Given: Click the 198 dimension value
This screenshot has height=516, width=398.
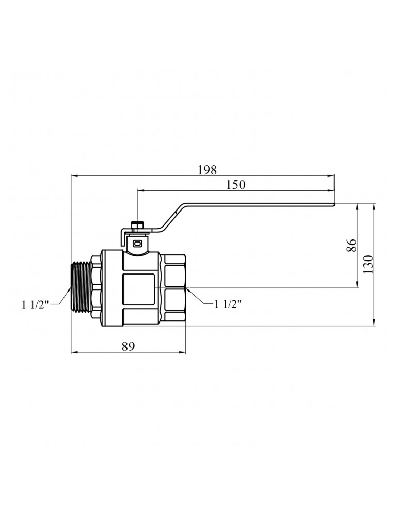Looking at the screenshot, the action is pyautogui.click(x=208, y=170).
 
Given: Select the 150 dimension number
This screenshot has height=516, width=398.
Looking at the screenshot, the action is pyautogui.click(x=236, y=185).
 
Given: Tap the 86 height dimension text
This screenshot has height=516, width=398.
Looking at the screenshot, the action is pyautogui.click(x=352, y=245).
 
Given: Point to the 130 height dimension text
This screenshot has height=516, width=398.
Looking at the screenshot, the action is pyautogui.click(x=369, y=264).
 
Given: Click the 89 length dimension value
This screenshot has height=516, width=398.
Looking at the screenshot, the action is pyautogui.click(x=129, y=346).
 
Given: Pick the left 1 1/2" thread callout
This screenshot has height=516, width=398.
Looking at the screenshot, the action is pyautogui.click(x=36, y=305).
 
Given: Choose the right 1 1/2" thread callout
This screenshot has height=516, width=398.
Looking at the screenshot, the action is pyautogui.click(x=228, y=304).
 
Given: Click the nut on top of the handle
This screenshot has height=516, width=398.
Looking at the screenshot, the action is pyautogui.click(x=136, y=226).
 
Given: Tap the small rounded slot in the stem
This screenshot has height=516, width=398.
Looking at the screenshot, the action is pyautogui.click(x=137, y=244).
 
